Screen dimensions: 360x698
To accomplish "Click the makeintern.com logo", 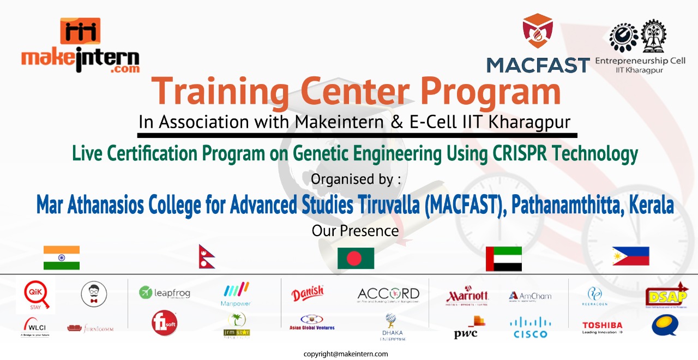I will (80, 47).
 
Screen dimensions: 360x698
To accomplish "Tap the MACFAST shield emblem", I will (537, 31).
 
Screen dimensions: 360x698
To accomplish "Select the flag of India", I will (62, 257).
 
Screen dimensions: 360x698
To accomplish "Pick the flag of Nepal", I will (207, 256).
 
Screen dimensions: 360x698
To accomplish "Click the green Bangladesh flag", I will (356, 258).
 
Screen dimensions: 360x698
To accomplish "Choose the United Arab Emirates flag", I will (503, 259).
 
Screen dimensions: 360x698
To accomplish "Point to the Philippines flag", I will (630, 256).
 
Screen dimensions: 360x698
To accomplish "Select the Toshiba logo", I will (602, 327).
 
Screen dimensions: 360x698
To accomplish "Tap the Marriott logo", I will (467, 296).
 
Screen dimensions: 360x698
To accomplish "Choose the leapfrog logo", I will (165, 293).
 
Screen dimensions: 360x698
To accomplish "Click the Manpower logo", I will (236, 294).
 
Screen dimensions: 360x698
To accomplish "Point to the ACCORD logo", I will (388, 295).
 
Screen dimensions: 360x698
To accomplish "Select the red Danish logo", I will (308, 293).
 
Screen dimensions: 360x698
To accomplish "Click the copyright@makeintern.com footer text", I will (346, 354).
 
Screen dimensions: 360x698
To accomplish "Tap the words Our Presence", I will (355, 231).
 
